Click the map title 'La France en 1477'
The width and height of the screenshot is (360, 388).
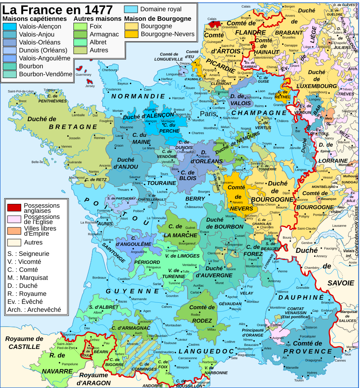coord(58,9)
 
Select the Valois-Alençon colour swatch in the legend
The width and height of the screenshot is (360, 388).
coord(9,26)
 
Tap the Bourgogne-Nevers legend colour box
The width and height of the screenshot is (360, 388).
coord(131,34)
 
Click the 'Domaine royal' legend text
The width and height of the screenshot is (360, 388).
coord(161,9)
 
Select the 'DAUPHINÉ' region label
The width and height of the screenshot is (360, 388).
coord(301,297)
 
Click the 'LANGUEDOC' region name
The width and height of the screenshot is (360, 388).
coord(207,351)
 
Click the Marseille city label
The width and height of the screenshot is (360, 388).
coord(292,368)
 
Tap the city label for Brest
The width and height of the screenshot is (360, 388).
coord(23,101)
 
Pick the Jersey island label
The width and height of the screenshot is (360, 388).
coord(90,86)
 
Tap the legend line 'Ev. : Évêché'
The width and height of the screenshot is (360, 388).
coord(25,302)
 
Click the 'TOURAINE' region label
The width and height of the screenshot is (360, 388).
coord(161,183)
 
